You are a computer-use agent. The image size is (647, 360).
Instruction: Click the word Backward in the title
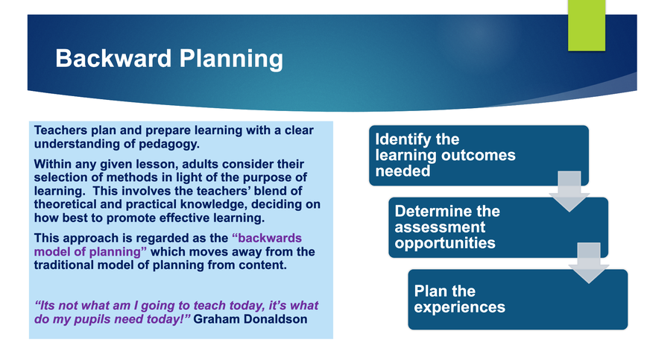point(113,58)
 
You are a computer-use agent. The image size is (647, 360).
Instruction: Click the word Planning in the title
point(231,60)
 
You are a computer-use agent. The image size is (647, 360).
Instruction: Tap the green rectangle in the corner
point(587,25)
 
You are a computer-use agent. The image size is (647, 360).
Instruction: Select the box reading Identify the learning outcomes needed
point(479,156)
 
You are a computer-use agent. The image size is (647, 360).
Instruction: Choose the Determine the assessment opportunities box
point(498,227)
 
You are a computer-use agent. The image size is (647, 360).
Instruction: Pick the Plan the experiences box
point(518,300)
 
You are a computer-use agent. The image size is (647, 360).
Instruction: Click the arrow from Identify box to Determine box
point(569,192)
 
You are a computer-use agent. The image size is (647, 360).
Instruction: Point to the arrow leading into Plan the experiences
point(589,263)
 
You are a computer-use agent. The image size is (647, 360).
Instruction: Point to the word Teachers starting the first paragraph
point(60,130)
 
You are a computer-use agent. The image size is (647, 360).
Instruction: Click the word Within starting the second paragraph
point(53,164)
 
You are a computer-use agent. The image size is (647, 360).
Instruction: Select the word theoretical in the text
point(65,204)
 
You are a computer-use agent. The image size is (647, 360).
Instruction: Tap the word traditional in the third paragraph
point(64,265)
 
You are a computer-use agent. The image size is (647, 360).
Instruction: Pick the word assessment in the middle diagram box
point(440,227)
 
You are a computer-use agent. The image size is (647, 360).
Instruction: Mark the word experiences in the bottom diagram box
point(460,308)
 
